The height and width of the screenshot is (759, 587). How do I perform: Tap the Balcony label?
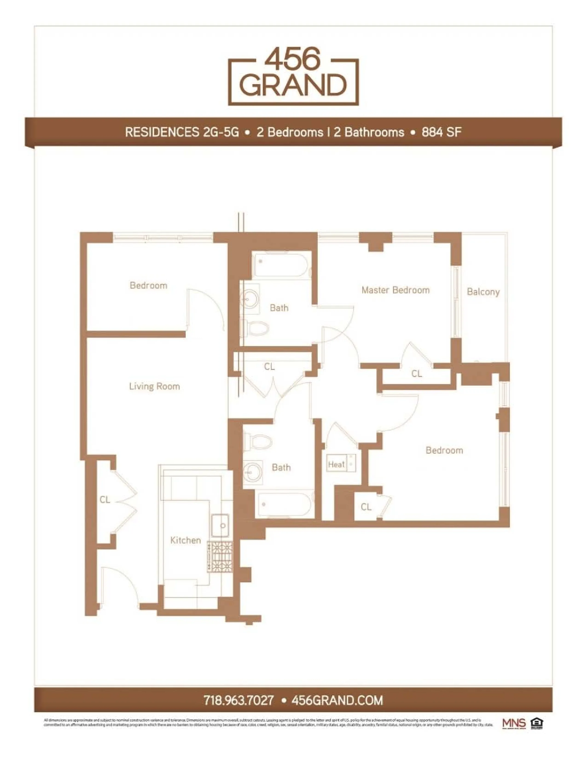point(483,292)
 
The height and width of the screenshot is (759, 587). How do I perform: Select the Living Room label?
point(154,386)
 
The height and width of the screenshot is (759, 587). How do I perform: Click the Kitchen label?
point(185,540)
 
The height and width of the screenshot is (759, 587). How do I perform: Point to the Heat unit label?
point(336,464)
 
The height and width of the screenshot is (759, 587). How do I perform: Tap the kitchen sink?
point(220,525)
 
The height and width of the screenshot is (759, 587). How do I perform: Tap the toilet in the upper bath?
point(257,328)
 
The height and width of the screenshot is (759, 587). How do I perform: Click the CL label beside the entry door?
point(105,500)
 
